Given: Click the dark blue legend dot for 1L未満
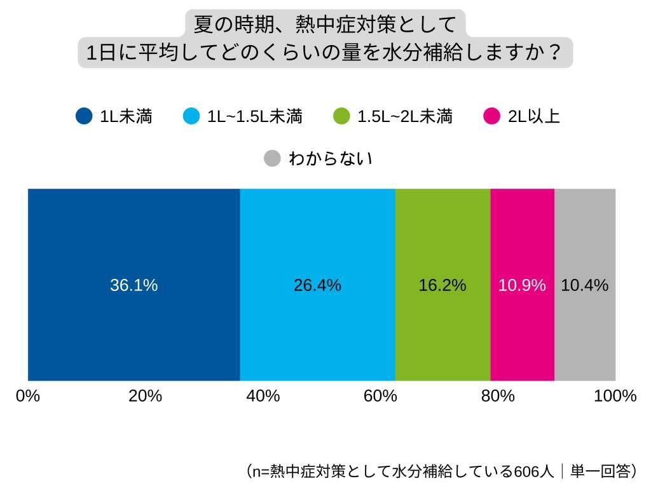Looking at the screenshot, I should (x=84, y=117).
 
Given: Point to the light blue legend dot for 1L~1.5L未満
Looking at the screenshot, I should (x=191, y=117).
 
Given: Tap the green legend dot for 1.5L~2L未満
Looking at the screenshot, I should (x=341, y=117).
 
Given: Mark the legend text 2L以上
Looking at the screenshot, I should (x=533, y=117).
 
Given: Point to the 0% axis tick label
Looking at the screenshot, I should (x=28, y=396).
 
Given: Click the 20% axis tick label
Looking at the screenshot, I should (x=145, y=396).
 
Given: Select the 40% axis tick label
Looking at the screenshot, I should (x=263, y=396).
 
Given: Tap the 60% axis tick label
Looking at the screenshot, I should (x=380, y=396).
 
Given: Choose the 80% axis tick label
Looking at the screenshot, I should (x=498, y=396).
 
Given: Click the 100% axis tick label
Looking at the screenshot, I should (x=615, y=396).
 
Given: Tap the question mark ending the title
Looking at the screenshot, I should (x=554, y=52).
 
